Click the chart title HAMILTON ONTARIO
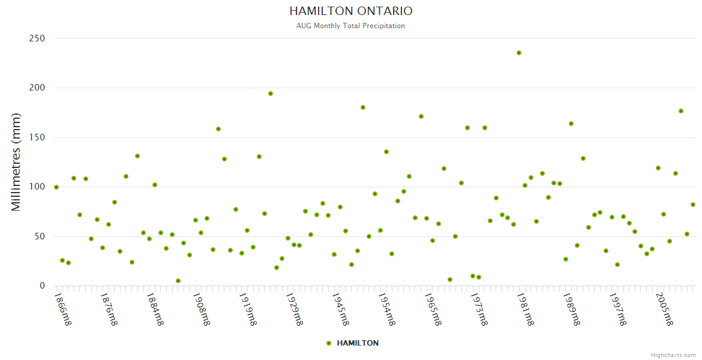click(350, 11)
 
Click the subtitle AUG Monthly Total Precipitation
click(350, 26)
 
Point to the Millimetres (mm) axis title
click(16, 162)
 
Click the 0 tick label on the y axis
click(42, 286)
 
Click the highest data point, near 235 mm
click(519, 53)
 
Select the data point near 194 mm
click(271, 94)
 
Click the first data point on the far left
click(56, 187)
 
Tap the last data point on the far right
click(693, 205)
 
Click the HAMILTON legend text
click(358, 343)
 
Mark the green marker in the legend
click(328, 343)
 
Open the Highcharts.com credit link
click(673, 355)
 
